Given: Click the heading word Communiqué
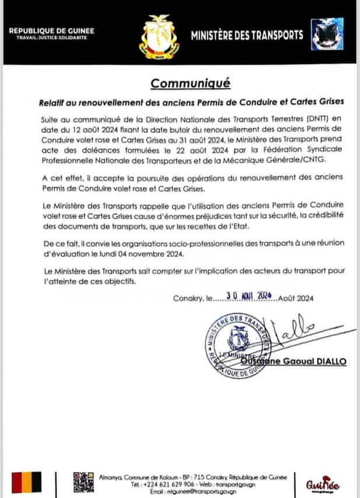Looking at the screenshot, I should click(190, 83).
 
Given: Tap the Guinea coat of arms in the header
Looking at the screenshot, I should click(158, 39).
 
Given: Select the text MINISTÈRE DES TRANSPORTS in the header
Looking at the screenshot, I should click(247, 36).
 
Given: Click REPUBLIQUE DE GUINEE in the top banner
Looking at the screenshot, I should click(52, 29).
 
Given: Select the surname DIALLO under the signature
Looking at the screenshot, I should click(333, 361).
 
